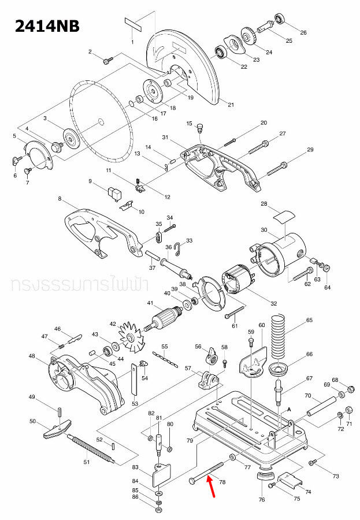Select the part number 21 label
231,105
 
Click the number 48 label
32,356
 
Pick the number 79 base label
189,441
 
